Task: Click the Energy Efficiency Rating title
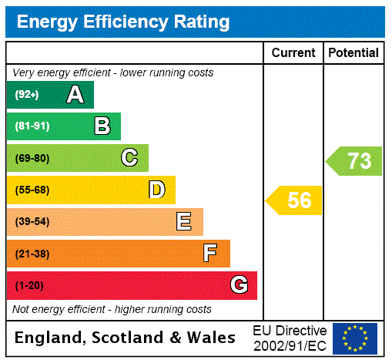pyautogui.click(x=123, y=22)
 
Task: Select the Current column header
pyautogui.click(x=293, y=53)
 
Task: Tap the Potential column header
pyautogui.click(x=353, y=53)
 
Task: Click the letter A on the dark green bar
pyautogui.click(x=75, y=95)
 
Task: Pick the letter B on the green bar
pyautogui.click(x=102, y=126)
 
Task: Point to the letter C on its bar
pyautogui.click(x=129, y=158)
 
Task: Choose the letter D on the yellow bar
pyautogui.click(x=156, y=190)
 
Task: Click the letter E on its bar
pyautogui.click(x=184, y=222)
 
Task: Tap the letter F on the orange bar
pyautogui.click(x=210, y=253)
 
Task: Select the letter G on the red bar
pyautogui.click(x=239, y=285)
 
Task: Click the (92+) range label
pyautogui.click(x=27, y=96)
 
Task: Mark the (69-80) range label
pyautogui.click(x=32, y=159)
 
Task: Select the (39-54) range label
pyautogui.click(x=32, y=222)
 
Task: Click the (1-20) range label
pyautogui.click(x=29, y=286)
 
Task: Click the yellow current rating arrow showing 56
pyautogui.click(x=295, y=200)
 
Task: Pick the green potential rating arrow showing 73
pyautogui.click(x=355, y=161)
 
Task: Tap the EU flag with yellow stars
pyautogui.click(x=355, y=338)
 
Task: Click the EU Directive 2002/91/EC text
pyautogui.click(x=290, y=338)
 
